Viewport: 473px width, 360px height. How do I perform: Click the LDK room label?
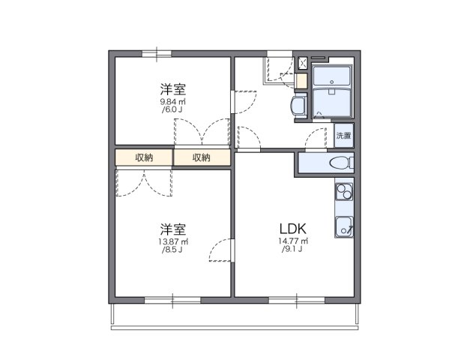292,228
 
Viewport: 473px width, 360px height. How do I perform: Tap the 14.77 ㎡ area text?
292,241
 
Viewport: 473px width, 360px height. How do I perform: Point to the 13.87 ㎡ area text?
172,241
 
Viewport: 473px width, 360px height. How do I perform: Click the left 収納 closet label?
144,157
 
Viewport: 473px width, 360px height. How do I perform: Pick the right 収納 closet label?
201,157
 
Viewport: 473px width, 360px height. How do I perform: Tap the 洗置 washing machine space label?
343,136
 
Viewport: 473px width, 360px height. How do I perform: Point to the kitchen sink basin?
344,225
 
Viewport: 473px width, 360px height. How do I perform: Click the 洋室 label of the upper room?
172,87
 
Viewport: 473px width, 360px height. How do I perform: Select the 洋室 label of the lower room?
172,228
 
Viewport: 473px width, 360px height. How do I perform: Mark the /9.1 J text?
292,250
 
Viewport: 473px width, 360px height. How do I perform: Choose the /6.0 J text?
172,109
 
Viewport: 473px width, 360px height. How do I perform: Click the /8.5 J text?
172,250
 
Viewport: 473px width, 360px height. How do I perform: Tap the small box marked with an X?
302,64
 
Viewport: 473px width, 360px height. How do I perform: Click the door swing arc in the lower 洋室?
219,250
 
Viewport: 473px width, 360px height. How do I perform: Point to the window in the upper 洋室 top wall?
157,52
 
